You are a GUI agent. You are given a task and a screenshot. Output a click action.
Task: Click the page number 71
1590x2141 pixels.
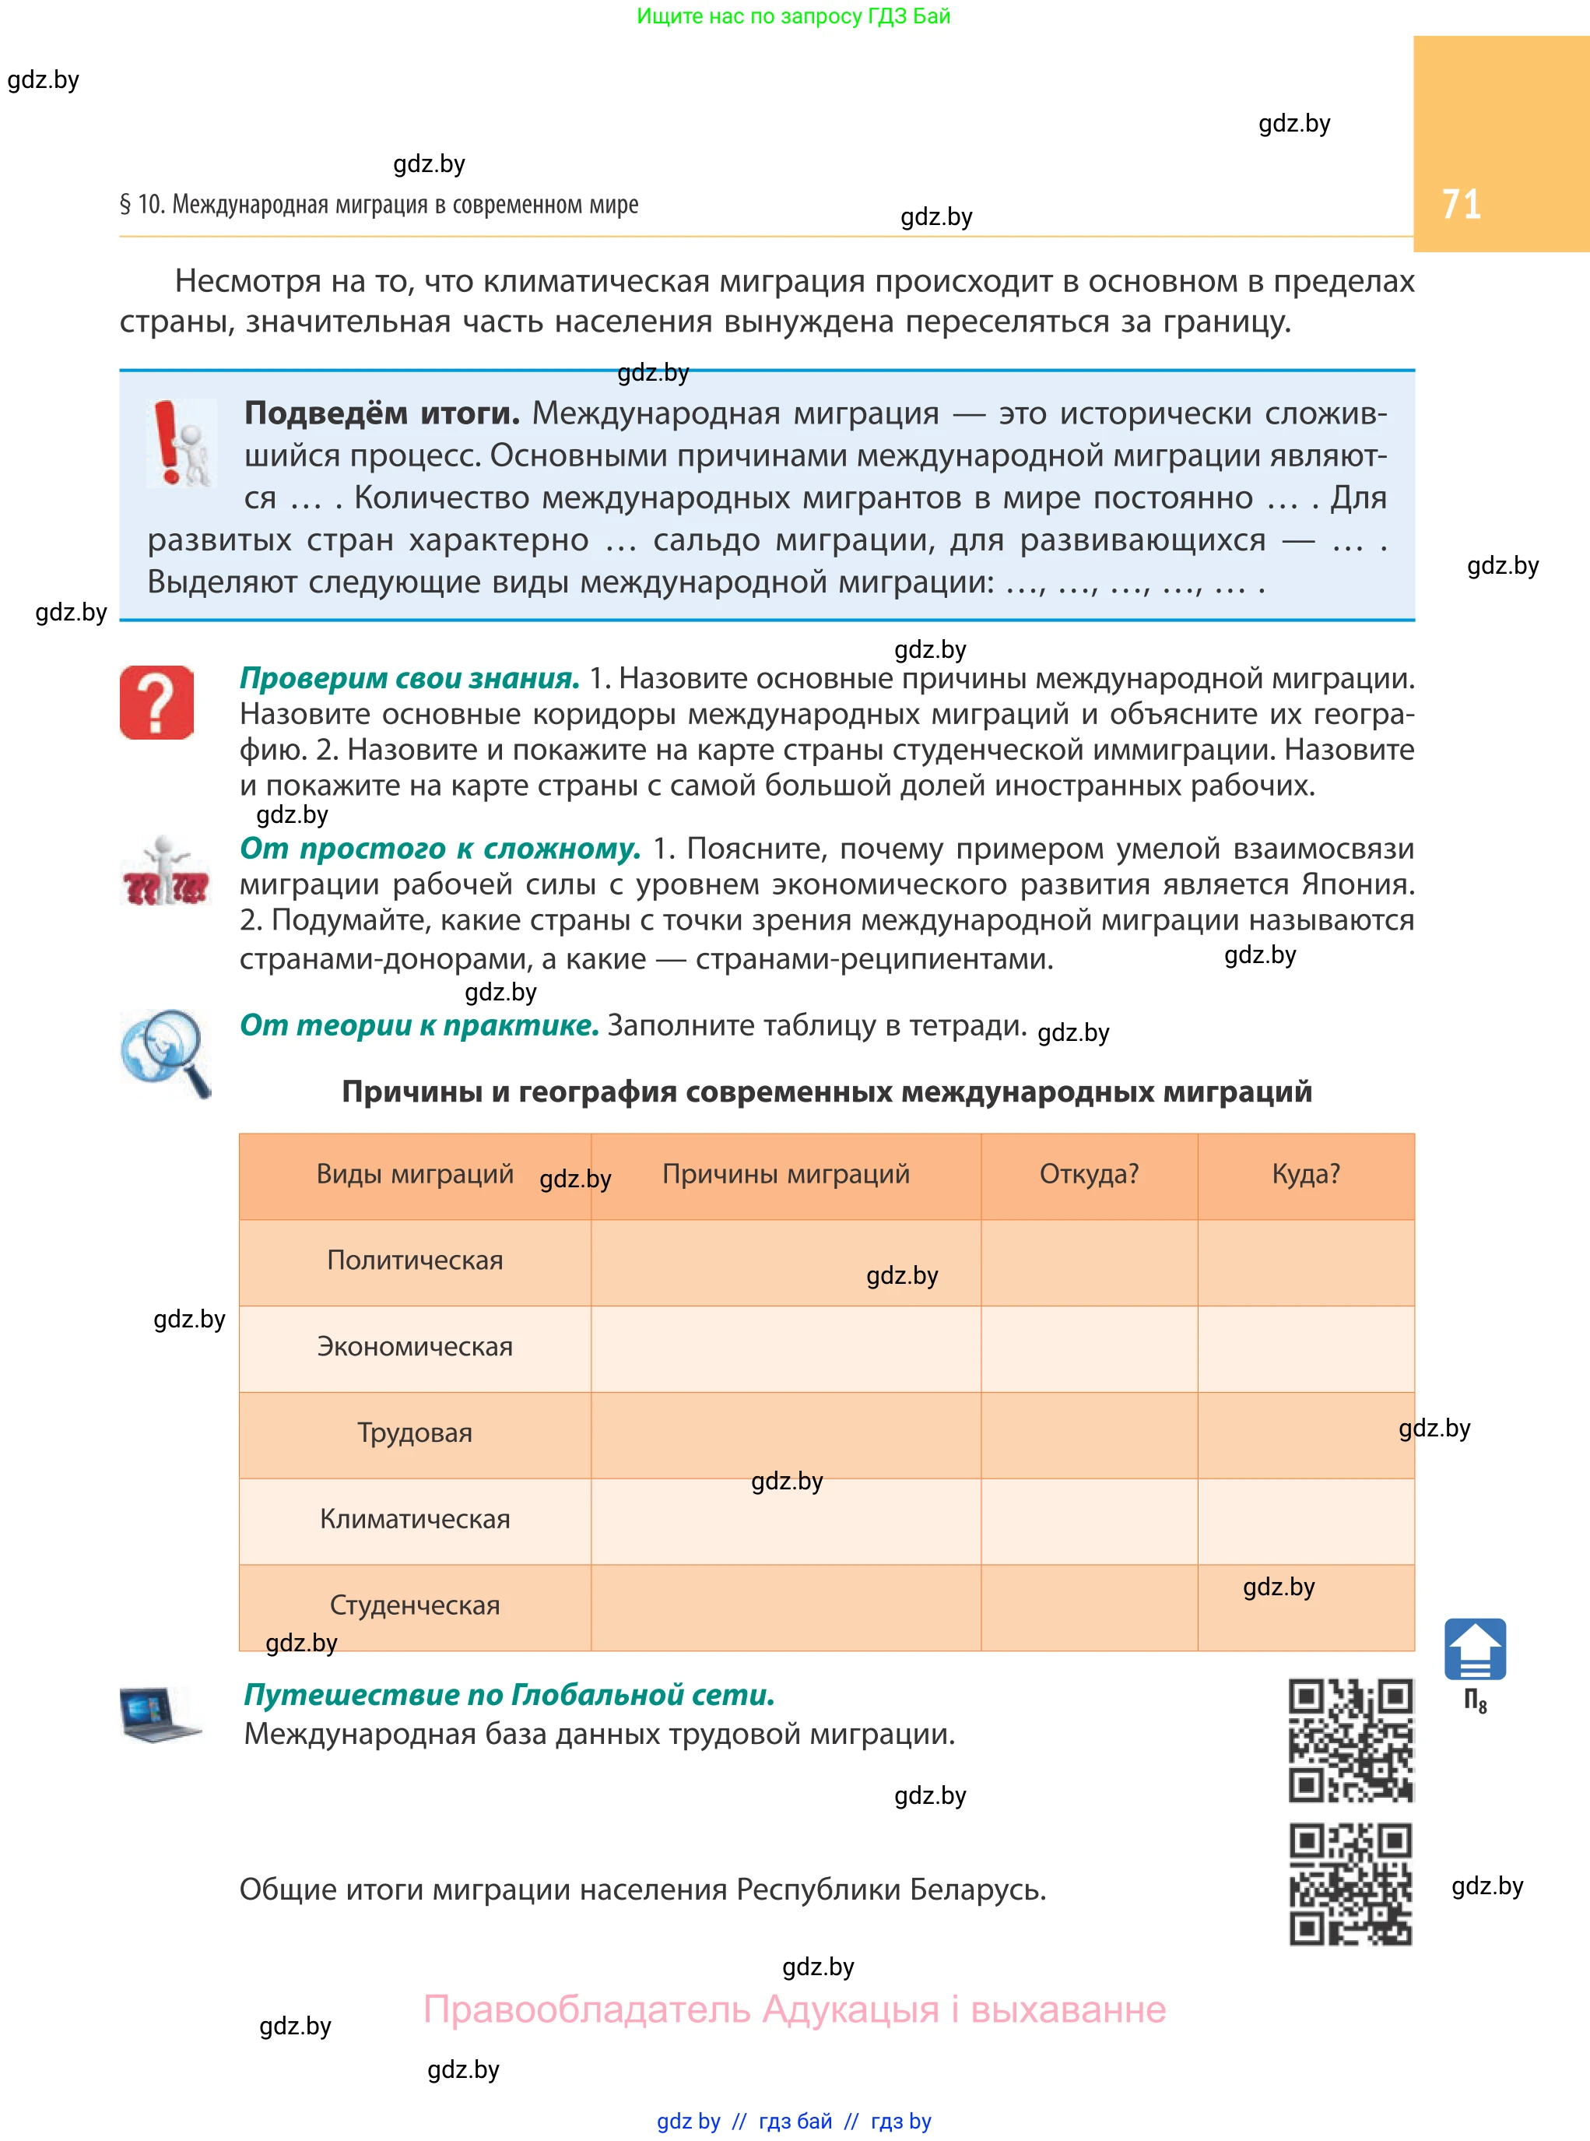[x=1460, y=204]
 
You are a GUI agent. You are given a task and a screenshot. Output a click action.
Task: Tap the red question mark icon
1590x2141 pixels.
[x=157, y=703]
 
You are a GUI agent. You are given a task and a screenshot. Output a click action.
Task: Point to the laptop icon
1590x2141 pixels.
[x=159, y=1714]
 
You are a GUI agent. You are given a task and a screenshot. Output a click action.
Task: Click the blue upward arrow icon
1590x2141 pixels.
[x=1475, y=1649]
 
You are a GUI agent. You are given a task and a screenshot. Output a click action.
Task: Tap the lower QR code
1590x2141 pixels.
[x=1350, y=1884]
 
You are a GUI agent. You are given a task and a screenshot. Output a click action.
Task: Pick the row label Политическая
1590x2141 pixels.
[x=415, y=1260]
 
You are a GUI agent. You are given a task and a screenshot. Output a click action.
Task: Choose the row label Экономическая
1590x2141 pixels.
[x=415, y=1347]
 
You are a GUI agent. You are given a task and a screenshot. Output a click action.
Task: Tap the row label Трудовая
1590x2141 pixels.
[x=415, y=1433]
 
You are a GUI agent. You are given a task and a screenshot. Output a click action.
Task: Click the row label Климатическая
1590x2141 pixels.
[x=415, y=1519]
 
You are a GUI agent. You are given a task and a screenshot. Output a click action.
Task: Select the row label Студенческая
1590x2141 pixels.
[x=415, y=1605]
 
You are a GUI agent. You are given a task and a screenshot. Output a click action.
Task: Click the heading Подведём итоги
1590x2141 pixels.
[x=382, y=413]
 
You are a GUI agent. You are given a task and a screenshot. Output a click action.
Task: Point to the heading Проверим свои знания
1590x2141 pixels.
[x=409, y=679]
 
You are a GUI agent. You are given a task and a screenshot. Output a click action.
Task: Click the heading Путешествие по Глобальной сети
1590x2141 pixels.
[x=509, y=1694]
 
